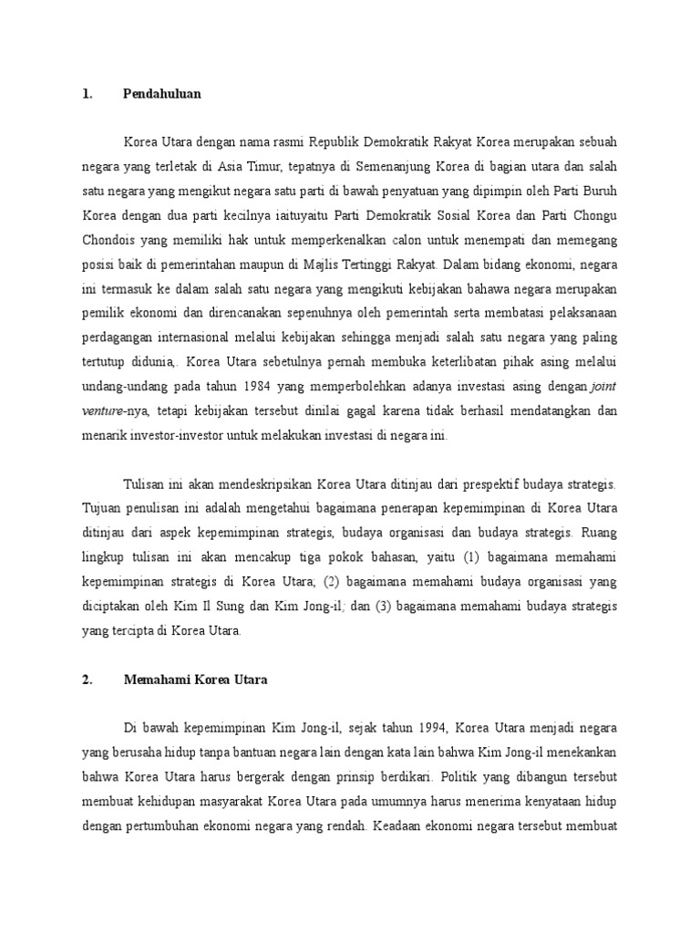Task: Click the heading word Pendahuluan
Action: [x=161, y=93]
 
